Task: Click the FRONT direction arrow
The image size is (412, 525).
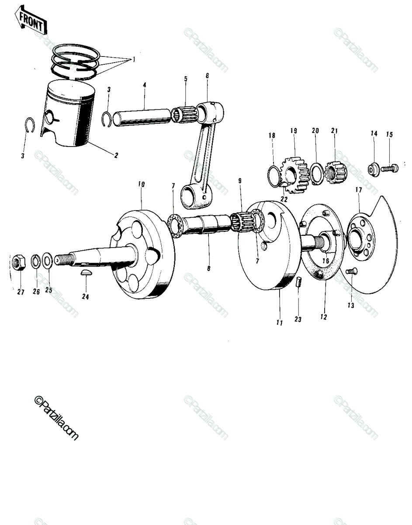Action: (30, 22)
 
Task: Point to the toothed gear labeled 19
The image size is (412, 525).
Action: (295, 175)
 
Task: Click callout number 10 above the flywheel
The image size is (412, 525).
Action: (142, 184)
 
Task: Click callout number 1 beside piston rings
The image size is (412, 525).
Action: (134, 59)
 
